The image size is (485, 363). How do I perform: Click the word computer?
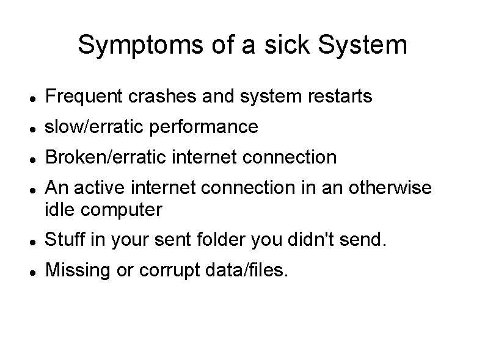pyautogui.click(x=121, y=210)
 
